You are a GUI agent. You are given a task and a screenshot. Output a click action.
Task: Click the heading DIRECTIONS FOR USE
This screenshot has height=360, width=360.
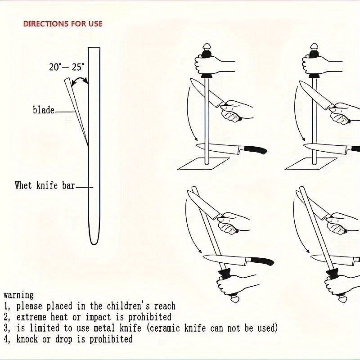point(63,24)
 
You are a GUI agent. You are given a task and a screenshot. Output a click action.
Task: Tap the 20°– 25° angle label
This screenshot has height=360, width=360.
point(66,67)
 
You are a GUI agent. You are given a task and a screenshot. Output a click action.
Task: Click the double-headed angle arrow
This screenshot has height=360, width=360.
point(79,81)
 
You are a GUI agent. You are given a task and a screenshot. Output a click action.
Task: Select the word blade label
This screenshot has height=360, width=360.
point(44,110)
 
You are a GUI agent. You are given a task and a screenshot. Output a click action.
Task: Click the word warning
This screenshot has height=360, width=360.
point(18,295)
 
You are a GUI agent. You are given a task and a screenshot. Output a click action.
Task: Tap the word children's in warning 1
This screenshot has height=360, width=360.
point(128,306)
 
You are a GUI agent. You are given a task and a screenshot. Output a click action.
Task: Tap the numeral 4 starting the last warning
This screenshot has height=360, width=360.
point(6,340)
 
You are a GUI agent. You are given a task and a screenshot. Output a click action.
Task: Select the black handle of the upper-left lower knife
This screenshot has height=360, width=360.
point(255,150)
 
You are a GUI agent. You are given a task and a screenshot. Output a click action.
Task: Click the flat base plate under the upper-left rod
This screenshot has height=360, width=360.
point(203,164)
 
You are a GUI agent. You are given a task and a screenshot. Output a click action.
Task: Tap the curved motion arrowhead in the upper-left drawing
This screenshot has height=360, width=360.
point(196,139)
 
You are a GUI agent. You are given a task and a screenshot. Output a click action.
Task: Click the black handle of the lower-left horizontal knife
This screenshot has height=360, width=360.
point(262,261)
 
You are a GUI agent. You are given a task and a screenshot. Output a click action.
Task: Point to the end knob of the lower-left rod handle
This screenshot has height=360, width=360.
point(235,299)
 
